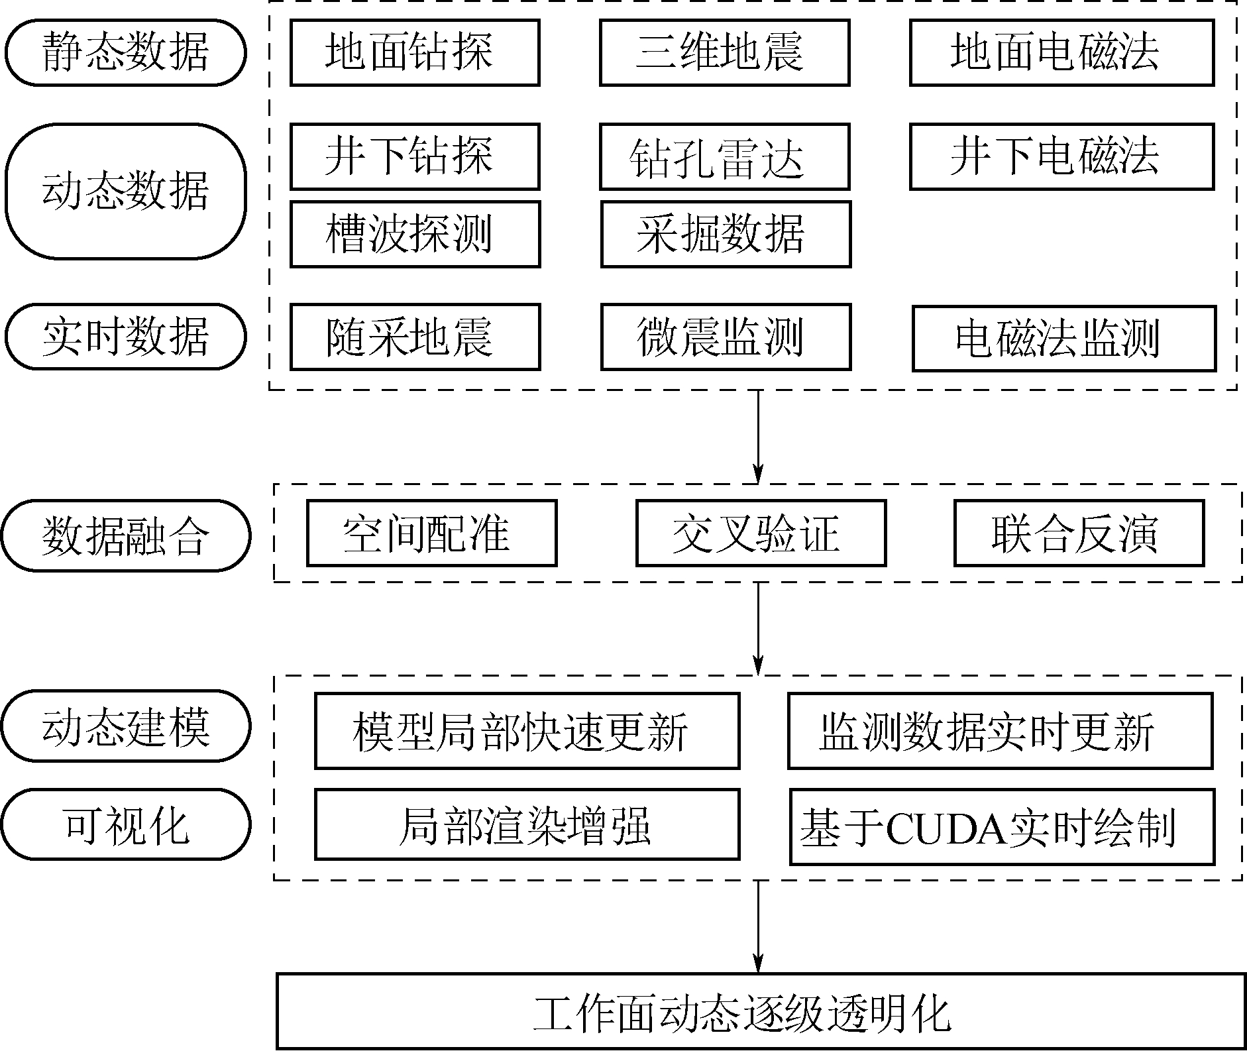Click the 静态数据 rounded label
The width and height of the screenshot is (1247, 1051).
126,52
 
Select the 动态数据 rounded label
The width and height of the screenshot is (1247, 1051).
126,192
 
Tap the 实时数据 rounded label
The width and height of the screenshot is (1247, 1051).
126,337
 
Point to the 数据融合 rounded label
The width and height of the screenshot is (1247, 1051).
126,535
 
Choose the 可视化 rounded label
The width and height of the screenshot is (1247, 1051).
126,825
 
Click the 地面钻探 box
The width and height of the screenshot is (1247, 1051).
415,52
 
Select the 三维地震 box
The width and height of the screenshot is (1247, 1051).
724,52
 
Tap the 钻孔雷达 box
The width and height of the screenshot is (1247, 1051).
724,157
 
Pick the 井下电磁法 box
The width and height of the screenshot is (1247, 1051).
1061,156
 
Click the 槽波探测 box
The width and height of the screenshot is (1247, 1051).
415,234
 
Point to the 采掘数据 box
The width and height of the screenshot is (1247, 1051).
726,234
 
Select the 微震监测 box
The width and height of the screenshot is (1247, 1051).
726,337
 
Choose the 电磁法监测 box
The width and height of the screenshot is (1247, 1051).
1064,338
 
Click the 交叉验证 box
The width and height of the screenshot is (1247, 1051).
761,533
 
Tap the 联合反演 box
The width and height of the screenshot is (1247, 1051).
1079,533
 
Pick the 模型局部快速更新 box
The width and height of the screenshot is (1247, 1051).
527,731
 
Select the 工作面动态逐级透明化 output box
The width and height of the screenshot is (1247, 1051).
761,1011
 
